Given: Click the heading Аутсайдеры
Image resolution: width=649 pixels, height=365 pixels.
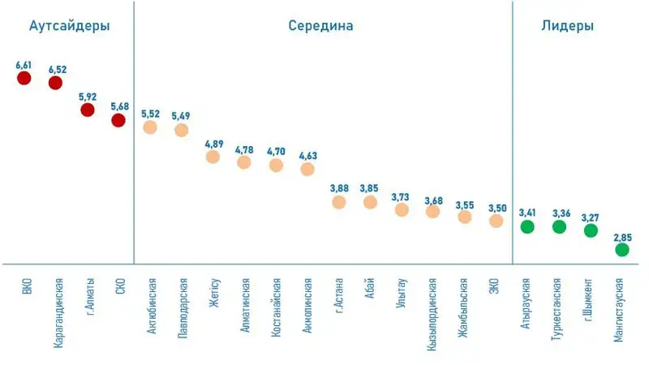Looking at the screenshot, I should point(69,26).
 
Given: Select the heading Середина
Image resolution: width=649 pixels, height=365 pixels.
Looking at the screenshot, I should point(320,26).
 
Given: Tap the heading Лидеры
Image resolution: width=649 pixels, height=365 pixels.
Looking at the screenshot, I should point(567,26).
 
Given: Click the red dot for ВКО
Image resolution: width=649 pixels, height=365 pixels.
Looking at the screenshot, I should point(24,78).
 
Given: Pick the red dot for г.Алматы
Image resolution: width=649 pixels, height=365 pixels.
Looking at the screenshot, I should point(87,109).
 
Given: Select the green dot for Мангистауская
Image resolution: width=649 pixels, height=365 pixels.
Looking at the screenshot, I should point(622,250).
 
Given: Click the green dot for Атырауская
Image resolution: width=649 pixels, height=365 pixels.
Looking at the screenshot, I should point(527,226).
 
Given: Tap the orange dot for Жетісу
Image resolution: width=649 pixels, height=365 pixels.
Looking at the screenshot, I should point(213,157).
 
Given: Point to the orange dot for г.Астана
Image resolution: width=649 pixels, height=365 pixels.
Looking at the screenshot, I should point(338,202).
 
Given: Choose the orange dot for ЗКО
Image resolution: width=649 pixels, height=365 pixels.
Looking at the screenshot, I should point(496,221).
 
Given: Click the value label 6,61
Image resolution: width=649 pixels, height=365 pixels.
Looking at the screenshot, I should point(24,63).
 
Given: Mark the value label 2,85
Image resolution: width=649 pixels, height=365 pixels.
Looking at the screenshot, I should point(622,236).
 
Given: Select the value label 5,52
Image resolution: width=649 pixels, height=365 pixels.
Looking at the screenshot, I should point(151,114).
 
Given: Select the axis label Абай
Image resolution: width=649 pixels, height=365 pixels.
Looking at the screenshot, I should point(370,290).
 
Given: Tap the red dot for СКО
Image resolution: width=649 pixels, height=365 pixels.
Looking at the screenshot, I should point(118,121).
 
